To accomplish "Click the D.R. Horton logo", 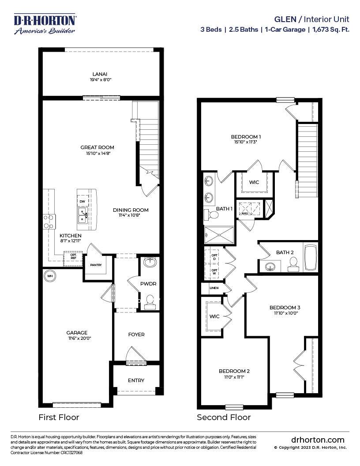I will [45, 24].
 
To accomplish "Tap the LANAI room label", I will [100, 74].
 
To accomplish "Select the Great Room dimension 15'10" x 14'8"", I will [97, 154].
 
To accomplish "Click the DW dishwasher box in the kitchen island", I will [82, 202].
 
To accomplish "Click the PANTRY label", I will [96, 265].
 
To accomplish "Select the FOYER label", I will [136, 334].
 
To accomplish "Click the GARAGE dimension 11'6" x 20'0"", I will [77, 338].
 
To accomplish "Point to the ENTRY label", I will [136, 380].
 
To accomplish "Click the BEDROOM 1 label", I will [246, 136].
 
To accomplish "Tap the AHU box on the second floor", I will [245, 214].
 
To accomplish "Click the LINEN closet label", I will [214, 288].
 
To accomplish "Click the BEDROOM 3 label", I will [285, 307].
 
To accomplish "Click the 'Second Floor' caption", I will [224, 417].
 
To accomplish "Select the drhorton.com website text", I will [318, 440].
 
